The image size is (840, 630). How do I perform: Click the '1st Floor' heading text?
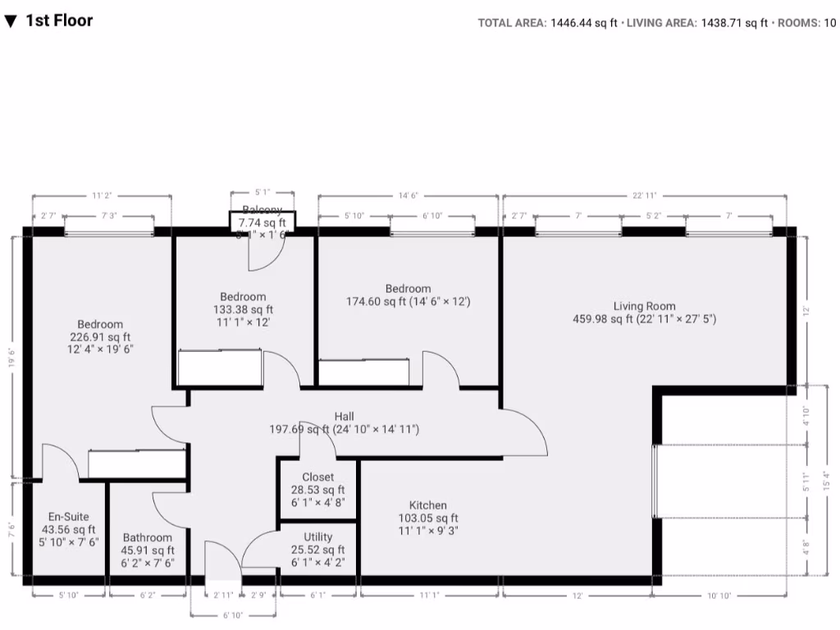(59, 21)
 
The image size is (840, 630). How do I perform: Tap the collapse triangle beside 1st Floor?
(11, 21)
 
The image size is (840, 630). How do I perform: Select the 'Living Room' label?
(644, 306)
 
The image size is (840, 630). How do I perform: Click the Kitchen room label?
(427, 505)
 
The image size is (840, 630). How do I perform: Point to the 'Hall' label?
(345, 416)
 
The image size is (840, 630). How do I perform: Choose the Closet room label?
(317, 477)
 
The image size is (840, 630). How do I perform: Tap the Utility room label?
(317, 537)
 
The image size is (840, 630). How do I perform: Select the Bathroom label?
(148, 538)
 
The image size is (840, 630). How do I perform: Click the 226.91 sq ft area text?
(100, 336)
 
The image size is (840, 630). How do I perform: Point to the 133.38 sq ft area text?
(243, 309)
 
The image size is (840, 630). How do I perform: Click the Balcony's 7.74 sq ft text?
(262, 222)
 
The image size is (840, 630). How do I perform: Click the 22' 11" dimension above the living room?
(644, 196)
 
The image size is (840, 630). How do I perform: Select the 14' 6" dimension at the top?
(408, 196)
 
